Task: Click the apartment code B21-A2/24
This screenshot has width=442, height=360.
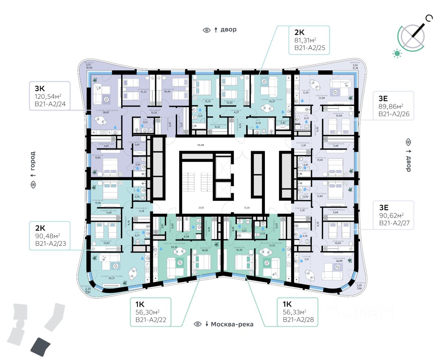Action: click(50, 104)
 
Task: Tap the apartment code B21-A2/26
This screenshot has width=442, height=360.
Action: click(394, 114)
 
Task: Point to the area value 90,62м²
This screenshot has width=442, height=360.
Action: click(391, 216)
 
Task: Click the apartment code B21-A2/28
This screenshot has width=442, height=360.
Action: click(298, 320)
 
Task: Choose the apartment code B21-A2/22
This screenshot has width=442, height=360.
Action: click(151, 320)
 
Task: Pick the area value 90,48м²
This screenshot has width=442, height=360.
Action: click(48, 236)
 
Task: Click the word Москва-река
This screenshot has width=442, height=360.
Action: click(232, 324)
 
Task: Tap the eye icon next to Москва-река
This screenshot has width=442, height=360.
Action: click(198, 324)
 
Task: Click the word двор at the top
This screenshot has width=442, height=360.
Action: click(229, 30)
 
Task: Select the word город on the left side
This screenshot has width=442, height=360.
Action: click(33, 160)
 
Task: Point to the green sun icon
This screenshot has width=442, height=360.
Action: click(397, 53)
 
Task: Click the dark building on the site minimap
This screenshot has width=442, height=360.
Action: click(40, 347)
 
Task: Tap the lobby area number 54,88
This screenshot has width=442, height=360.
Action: click(201, 145)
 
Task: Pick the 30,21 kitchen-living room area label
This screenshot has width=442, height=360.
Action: click(112, 278)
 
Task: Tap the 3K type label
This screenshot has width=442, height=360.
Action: click(40, 88)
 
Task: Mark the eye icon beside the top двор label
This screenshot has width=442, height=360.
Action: click(206, 30)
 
